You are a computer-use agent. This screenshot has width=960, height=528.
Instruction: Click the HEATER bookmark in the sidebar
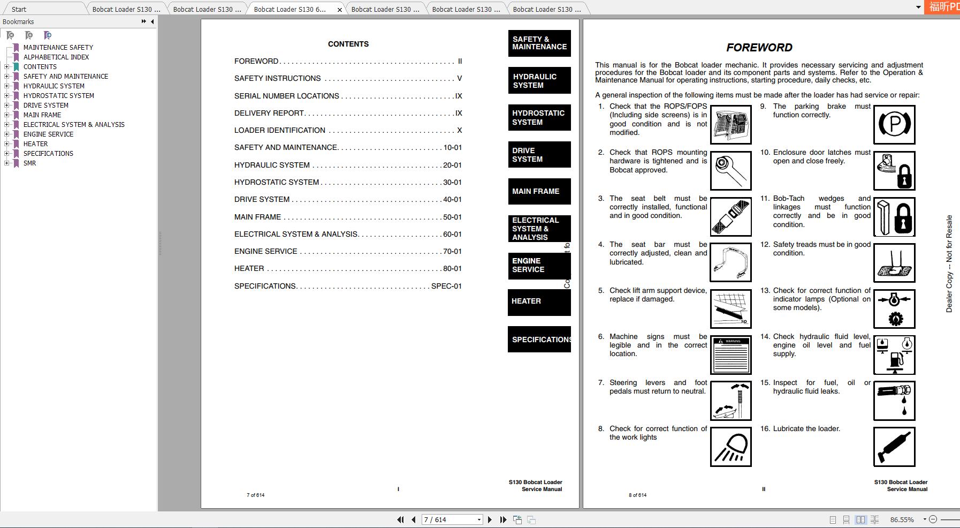tap(35, 144)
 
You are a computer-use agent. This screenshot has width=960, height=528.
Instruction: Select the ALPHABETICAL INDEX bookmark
tap(56, 57)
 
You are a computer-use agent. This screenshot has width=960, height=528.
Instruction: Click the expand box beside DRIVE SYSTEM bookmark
tap(6, 105)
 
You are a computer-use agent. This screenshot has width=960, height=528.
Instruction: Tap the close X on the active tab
tap(339, 10)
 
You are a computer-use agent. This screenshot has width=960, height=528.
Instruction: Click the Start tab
tap(19, 9)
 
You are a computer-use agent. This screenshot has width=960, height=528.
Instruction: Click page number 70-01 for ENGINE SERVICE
tap(452, 251)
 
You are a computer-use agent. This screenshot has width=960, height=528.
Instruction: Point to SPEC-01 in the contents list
tap(446, 286)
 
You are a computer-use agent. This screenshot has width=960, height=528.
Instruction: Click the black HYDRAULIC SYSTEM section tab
tap(539, 81)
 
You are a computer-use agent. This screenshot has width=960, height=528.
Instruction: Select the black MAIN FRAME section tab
tap(539, 191)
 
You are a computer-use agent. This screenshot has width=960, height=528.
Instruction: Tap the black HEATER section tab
tap(539, 301)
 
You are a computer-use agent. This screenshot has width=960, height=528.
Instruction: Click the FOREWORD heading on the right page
tap(759, 48)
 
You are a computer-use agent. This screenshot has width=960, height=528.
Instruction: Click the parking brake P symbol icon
tap(894, 125)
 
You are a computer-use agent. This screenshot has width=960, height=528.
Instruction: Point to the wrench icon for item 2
tap(730, 171)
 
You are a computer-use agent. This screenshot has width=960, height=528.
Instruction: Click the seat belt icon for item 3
tap(730, 217)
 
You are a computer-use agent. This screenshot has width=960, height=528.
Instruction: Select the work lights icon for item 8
tap(730, 447)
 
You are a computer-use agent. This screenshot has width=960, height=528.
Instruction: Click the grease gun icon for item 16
tap(894, 447)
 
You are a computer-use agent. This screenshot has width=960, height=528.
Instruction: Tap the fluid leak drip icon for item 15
tap(894, 401)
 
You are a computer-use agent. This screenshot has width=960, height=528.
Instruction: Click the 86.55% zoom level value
tap(902, 519)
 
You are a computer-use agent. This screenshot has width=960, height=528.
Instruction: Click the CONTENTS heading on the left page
tap(348, 44)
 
